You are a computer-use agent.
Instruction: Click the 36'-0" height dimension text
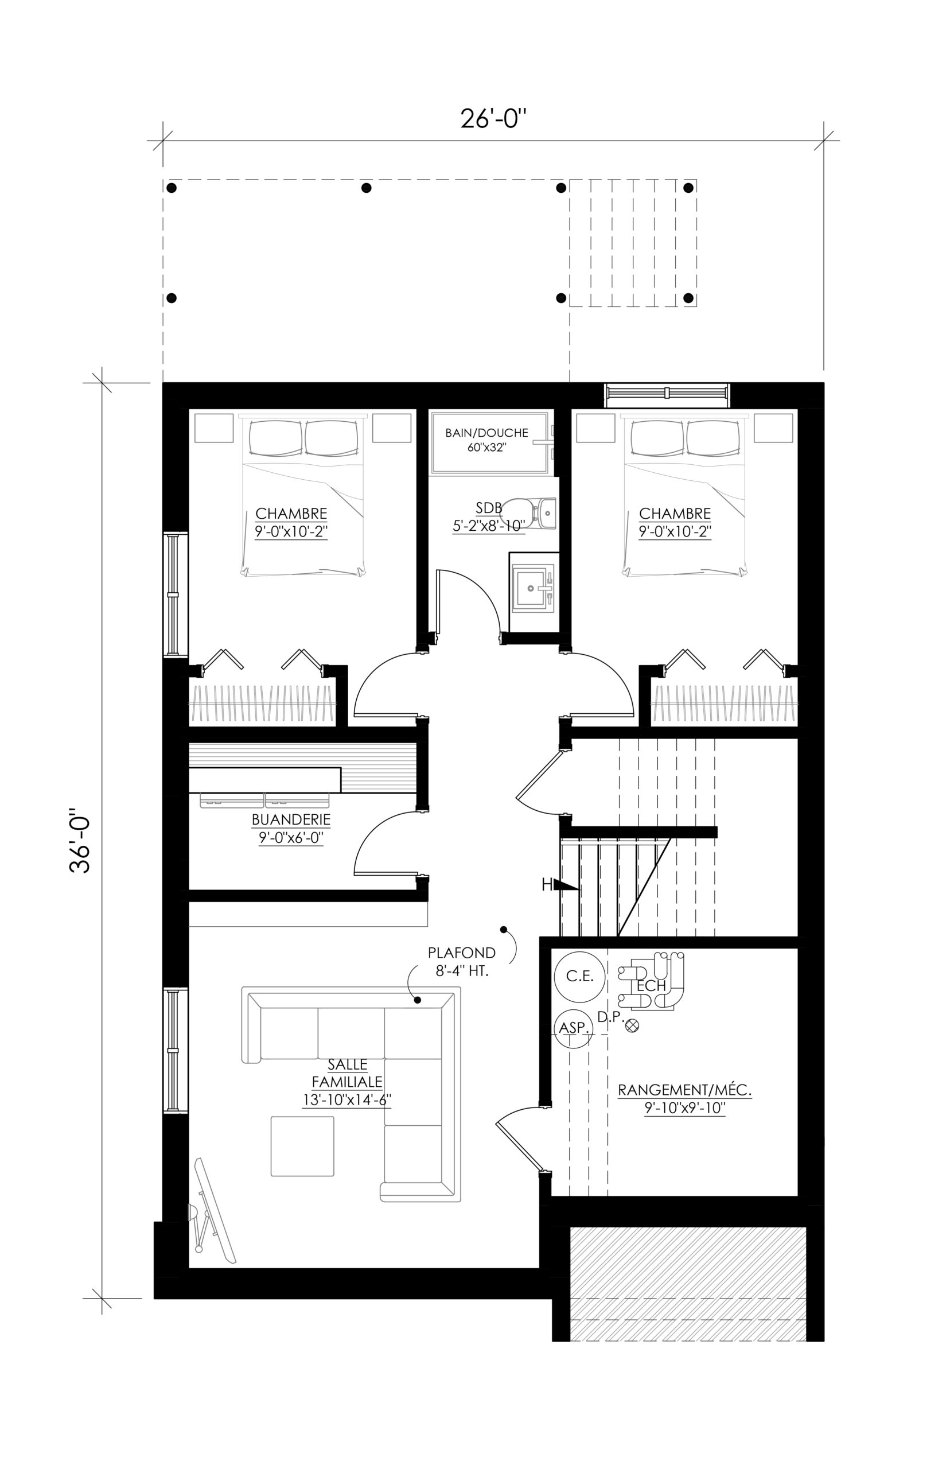click(80, 840)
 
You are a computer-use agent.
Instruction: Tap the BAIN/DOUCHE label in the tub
click(486, 433)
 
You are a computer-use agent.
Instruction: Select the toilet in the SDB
click(529, 511)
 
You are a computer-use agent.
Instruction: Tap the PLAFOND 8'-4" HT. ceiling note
click(461, 962)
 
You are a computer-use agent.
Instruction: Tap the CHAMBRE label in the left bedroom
click(291, 514)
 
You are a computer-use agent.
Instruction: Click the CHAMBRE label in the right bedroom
click(675, 514)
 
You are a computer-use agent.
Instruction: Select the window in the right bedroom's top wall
click(667, 394)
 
